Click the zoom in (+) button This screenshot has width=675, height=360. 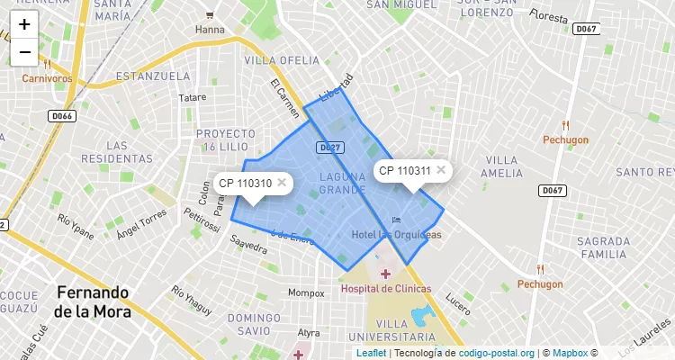[x=24, y=25]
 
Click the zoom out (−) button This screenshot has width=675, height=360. [x=24, y=52]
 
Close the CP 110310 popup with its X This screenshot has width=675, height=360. [x=282, y=183]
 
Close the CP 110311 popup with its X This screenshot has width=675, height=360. [x=441, y=169]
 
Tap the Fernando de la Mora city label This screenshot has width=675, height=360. [x=92, y=302]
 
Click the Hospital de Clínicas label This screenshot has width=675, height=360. [x=385, y=288]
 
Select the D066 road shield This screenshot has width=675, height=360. [x=61, y=116]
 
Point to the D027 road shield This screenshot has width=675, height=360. [x=328, y=147]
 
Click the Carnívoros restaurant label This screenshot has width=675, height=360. [x=47, y=78]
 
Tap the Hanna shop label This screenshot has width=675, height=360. [x=210, y=29]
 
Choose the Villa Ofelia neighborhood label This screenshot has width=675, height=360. [x=282, y=60]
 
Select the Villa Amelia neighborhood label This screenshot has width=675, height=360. [x=501, y=166]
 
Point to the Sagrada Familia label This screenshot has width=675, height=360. [x=603, y=248]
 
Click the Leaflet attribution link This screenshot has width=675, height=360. [x=371, y=353]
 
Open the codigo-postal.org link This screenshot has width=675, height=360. [x=497, y=353]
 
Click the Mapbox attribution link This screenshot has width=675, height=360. [x=569, y=353]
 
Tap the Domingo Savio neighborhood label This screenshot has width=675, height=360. [x=255, y=324]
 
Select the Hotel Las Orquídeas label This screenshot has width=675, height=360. [x=396, y=235]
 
